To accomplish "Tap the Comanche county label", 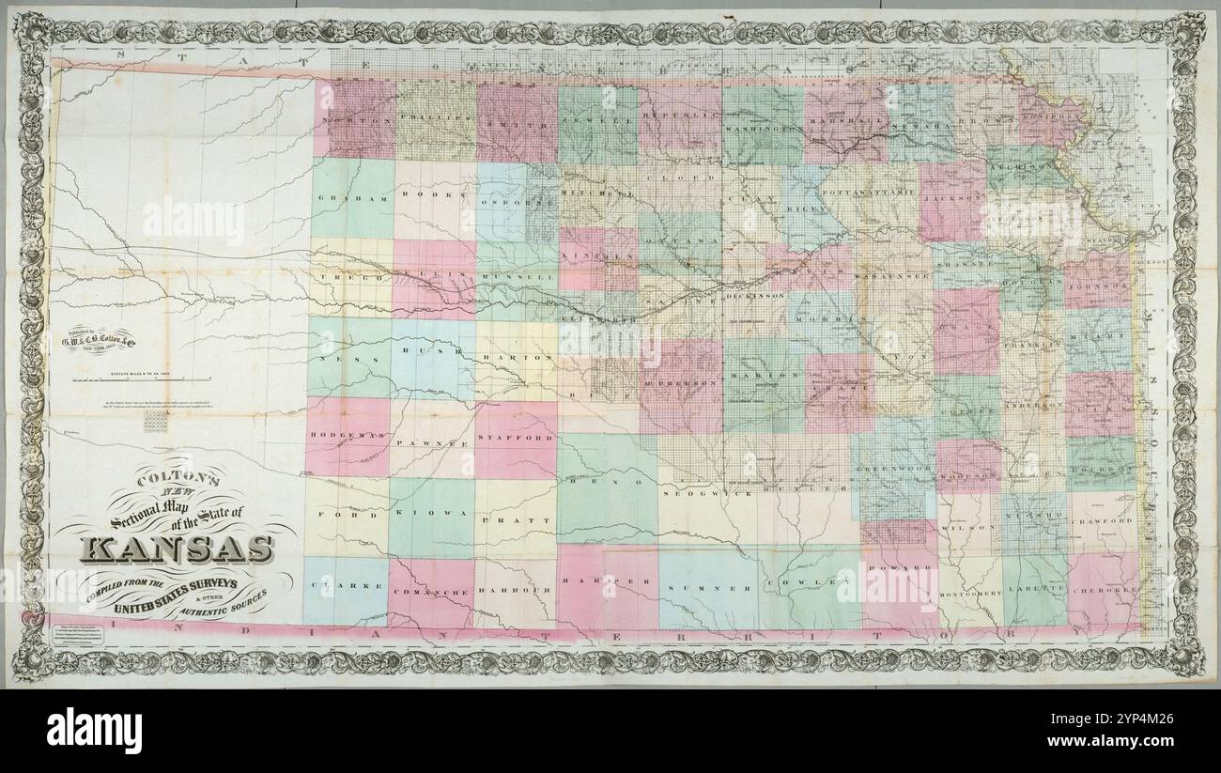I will point(430,594).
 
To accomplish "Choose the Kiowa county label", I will point(431,514).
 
